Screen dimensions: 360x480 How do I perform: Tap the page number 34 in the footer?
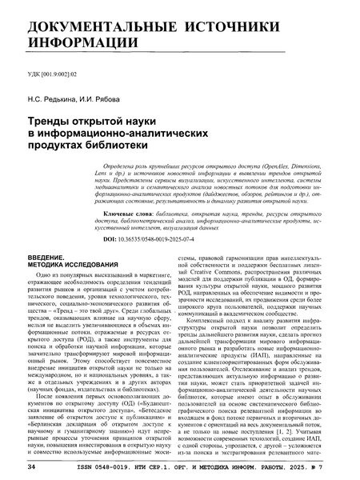click(x=31, y=465)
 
